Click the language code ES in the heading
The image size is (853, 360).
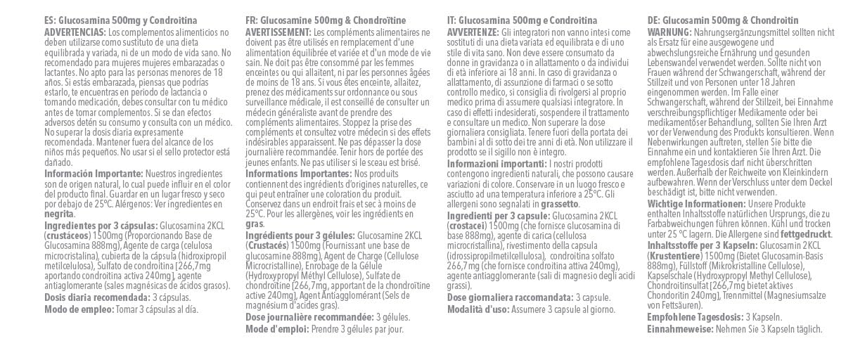click(49, 21)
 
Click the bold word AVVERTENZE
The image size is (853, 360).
click(473, 32)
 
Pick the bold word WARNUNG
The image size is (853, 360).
click(669, 32)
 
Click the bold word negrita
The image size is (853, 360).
click(58, 214)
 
